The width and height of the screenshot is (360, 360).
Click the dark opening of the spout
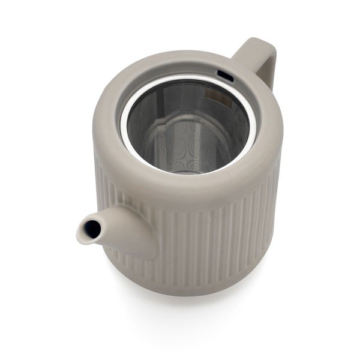pos(91,229)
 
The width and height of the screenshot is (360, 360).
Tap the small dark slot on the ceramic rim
pos(225,76)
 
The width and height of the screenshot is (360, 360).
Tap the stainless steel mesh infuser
pos(180,126)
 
